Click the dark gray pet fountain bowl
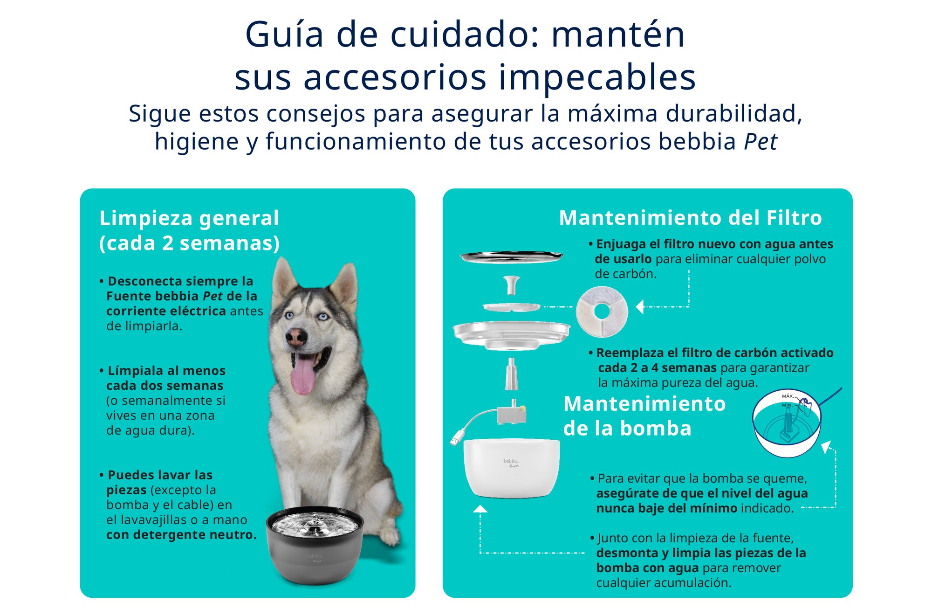coord(315,550)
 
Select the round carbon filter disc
coord(602,311)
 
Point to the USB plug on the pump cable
coord(455,439)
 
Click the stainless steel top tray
coord(511,256)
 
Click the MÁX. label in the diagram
coord(788,396)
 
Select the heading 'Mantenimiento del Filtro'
coord(690,218)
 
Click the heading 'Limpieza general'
coord(189,218)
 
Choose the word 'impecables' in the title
coord(597,77)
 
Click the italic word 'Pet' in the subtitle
coord(761,141)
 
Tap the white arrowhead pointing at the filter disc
coord(640,307)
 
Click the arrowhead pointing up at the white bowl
coord(480,509)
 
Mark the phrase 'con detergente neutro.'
coord(181,534)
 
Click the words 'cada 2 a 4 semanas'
coord(657,368)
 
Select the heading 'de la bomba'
coord(627,429)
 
